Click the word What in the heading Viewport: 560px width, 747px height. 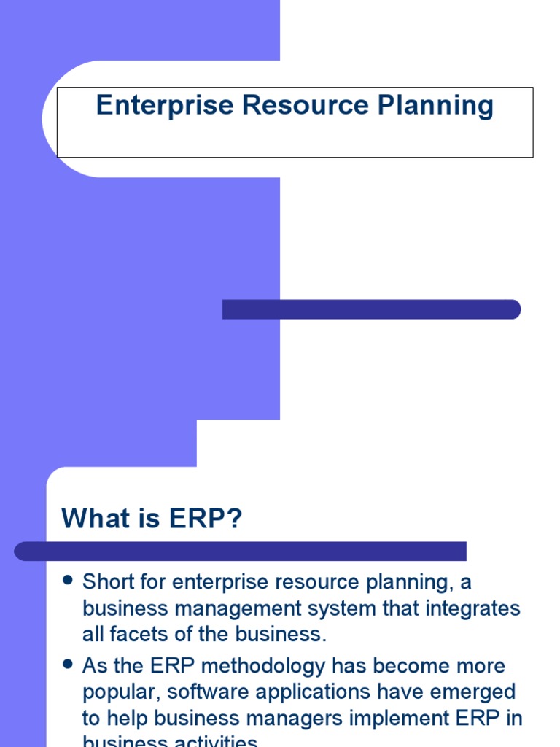94,519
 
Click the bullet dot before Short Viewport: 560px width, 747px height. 69,581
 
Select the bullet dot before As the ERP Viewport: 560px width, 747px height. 69,665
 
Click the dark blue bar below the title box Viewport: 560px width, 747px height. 371,309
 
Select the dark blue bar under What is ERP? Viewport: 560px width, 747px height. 241,551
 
